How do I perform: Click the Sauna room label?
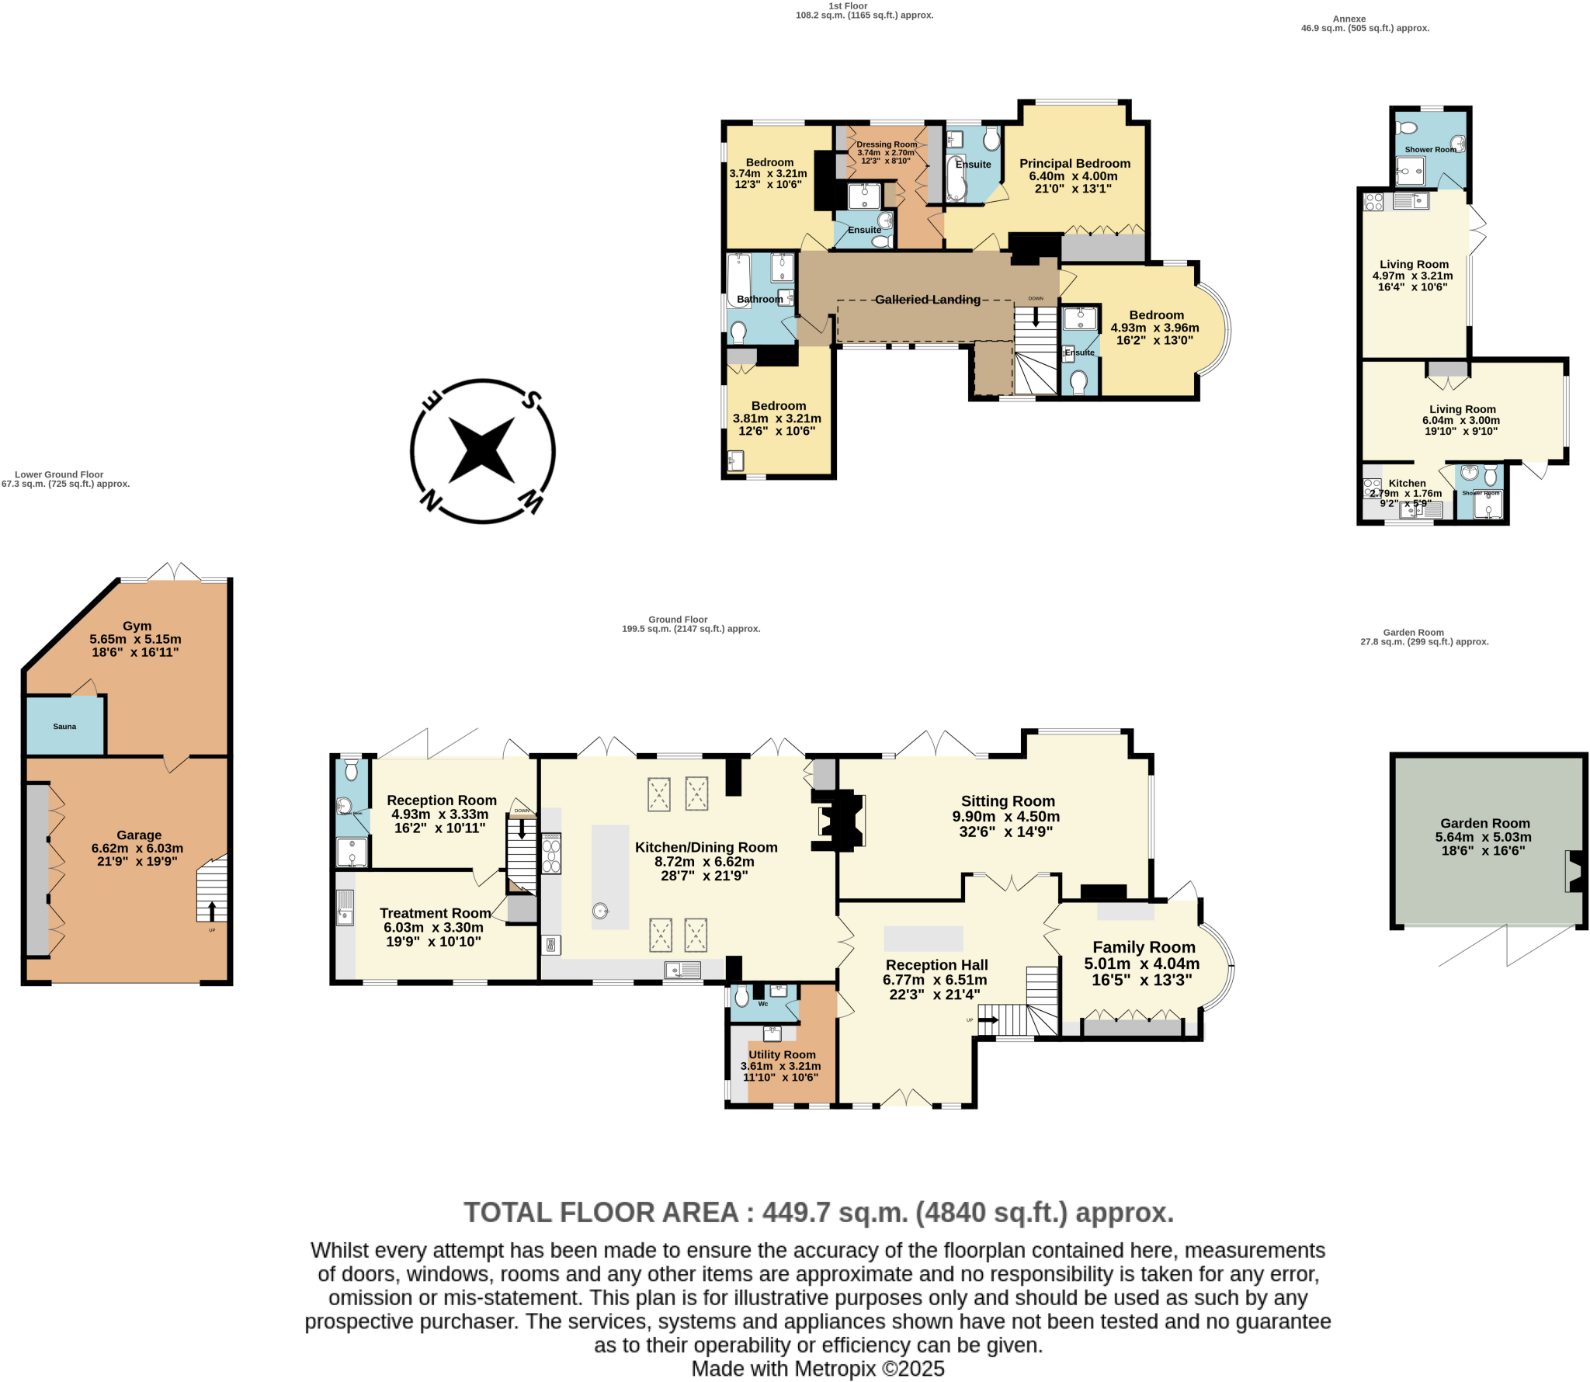point(64,727)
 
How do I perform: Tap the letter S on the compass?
point(531,401)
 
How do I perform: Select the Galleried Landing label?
point(927,300)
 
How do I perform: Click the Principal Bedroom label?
point(1074,164)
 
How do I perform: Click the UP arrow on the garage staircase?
point(212,910)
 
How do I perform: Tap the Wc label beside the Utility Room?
point(763,1004)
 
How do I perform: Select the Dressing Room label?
point(887,144)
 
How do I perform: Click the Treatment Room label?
point(435,913)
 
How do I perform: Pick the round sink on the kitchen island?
point(600,911)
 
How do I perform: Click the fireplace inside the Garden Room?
point(1574,871)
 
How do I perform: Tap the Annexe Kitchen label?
point(1407,483)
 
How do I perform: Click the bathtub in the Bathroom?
point(736,279)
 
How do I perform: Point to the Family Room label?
point(1144,947)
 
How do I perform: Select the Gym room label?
point(137,626)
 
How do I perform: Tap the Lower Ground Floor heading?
point(59,474)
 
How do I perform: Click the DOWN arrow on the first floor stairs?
point(1035,317)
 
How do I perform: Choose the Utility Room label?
point(782,1054)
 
